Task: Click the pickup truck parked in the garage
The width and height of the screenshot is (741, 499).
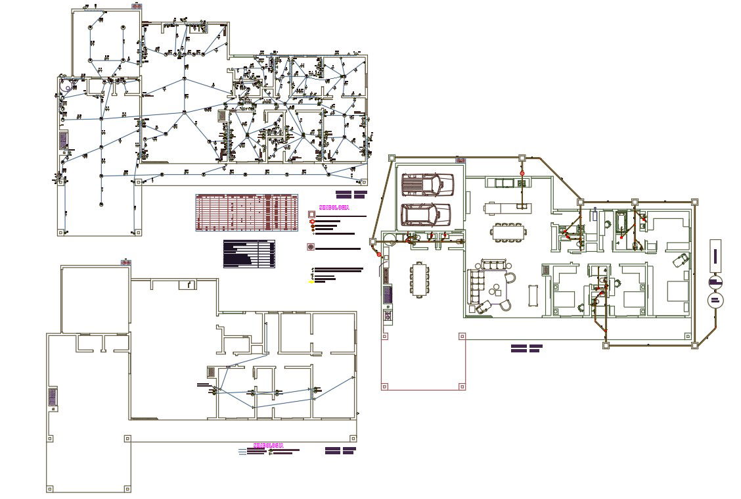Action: click(428, 185)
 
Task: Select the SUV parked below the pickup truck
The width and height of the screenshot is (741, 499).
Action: click(426, 214)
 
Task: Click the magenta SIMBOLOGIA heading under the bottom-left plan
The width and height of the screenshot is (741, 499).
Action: click(268, 445)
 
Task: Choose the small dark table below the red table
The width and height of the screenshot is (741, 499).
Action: click(249, 254)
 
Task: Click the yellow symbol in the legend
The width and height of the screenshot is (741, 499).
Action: click(311, 281)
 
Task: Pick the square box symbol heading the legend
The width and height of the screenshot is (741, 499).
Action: click(311, 214)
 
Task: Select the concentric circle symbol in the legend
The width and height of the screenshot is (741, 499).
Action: click(311, 247)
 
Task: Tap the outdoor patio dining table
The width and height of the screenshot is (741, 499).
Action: click(420, 279)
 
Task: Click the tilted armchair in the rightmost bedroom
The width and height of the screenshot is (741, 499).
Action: click(680, 258)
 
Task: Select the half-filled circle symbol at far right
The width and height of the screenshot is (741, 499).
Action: click(715, 282)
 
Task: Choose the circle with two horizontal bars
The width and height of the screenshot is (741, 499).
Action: click(715, 301)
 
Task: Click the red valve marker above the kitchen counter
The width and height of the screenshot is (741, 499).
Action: click(523, 173)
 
